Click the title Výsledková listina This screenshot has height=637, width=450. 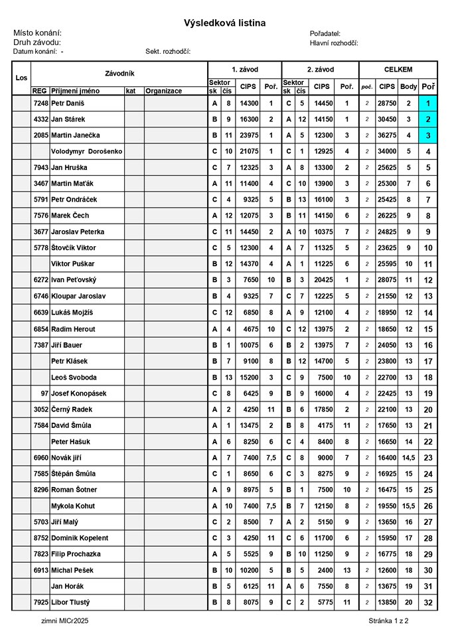coord(224,23)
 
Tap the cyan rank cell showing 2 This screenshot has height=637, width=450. coord(428,119)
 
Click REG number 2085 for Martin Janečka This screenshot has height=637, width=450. coord(40,135)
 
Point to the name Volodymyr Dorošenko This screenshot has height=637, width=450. coord(86,151)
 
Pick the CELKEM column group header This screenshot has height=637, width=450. coord(398,69)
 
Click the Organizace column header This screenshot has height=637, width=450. coord(163,91)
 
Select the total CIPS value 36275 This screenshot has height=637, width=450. coord(386,135)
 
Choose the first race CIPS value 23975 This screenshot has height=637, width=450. coord(248,135)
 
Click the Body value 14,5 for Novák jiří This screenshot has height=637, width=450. coord(409,457)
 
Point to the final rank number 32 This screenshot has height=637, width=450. coord(428,602)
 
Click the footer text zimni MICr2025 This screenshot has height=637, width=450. coord(64,621)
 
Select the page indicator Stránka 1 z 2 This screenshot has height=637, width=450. coord(388,621)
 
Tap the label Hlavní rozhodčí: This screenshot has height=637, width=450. coord(334,42)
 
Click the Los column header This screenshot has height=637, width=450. coord(21,78)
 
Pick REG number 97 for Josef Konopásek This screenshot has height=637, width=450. coord(44,393)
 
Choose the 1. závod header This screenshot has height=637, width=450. coord(244,69)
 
